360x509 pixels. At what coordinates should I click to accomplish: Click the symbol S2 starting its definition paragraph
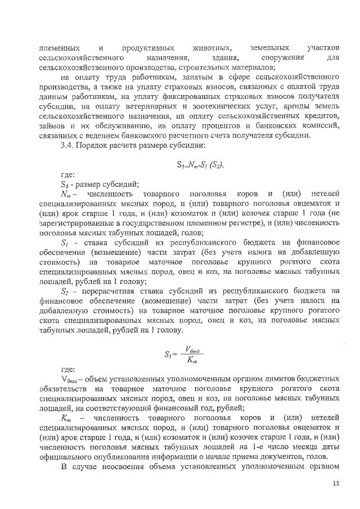point(66,291)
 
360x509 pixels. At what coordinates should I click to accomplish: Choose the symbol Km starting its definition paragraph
point(66,419)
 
